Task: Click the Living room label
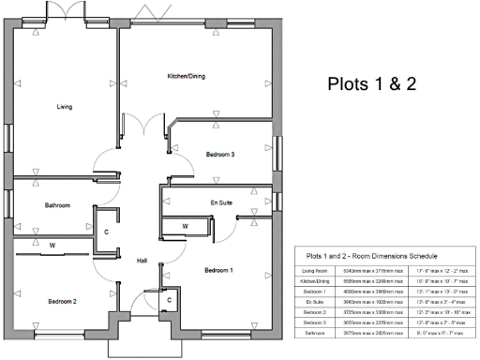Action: tap(64, 107)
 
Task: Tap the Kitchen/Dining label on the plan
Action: tap(186, 75)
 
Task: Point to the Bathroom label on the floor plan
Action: tap(57, 204)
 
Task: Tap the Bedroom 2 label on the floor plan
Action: tap(62, 301)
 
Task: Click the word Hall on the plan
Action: tap(142, 260)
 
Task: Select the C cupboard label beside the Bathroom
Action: tap(106, 230)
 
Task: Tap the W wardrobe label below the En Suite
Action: tap(185, 226)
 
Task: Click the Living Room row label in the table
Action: tap(315, 270)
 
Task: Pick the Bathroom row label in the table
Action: tap(315, 332)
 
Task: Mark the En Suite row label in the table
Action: tap(315, 301)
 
